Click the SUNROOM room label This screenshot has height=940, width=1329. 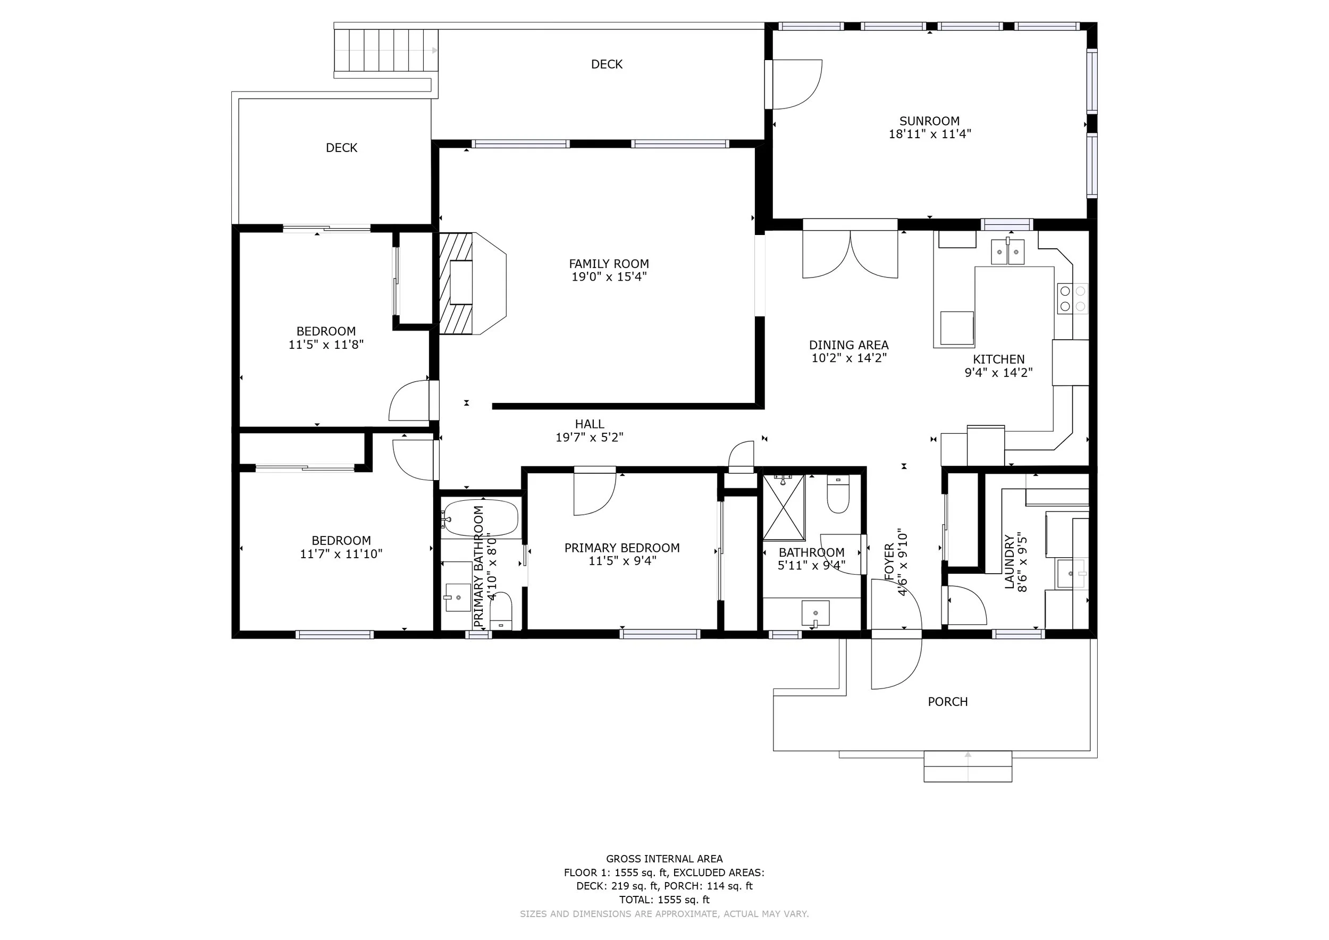pyautogui.click(x=929, y=122)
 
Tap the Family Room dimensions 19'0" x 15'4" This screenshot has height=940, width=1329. pyautogui.click(x=609, y=276)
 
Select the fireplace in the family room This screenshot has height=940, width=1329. pyautogui.click(x=473, y=283)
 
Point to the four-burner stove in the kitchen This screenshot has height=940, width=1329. pyautogui.click(x=1073, y=299)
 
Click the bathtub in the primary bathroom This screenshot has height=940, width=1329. pyautogui.click(x=481, y=518)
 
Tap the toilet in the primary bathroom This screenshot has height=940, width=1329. pyautogui.click(x=501, y=611)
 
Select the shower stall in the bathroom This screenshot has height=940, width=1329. pyautogui.click(x=784, y=507)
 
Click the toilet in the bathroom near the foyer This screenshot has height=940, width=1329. pyautogui.click(x=838, y=494)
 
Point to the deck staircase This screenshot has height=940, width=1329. pyautogui.click(x=385, y=51)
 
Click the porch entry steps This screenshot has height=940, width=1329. pyautogui.click(x=968, y=766)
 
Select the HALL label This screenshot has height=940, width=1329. pyautogui.click(x=590, y=424)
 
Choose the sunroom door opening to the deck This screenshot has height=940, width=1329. pyautogui.click(x=793, y=84)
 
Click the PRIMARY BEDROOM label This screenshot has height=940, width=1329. pyautogui.click(x=623, y=548)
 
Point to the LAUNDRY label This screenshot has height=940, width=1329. pyautogui.click(x=1010, y=562)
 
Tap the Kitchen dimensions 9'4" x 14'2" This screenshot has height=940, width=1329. pyautogui.click(x=998, y=373)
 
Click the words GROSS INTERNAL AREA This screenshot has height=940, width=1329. pyautogui.click(x=664, y=859)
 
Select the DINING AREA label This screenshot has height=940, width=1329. pyautogui.click(x=848, y=346)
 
